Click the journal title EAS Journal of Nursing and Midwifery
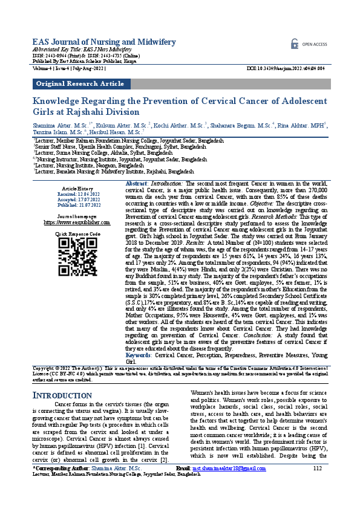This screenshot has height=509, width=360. coord(104,41)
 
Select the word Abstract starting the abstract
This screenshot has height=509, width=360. coord(137,183)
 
